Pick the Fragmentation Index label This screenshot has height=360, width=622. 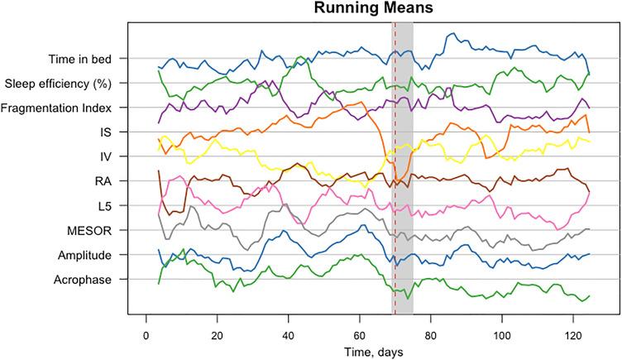[x=70, y=108]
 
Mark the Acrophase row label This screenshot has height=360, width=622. [x=98, y=280]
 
